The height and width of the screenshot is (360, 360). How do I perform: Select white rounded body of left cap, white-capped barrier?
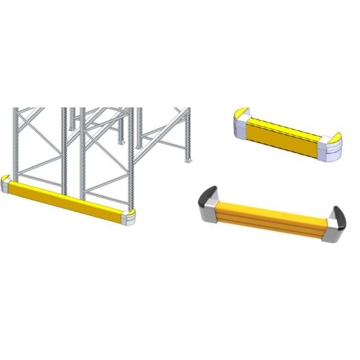point(237,127)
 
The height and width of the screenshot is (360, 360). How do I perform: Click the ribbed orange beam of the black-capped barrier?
point(270,217)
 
